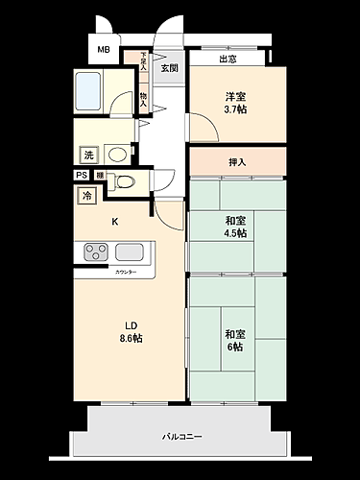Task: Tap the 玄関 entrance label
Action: (169, 68)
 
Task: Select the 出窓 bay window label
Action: (227, 59)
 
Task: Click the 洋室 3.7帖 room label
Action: (236, 104)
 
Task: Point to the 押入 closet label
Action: (236, 161)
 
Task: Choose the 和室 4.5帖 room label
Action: (235, 227)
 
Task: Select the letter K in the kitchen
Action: (115, 222)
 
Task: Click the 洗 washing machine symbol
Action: (88, 155)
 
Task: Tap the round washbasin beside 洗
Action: (118, 154)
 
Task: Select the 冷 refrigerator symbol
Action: (87, 196)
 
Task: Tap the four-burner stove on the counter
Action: (96, 252)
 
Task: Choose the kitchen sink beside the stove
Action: (130, 252)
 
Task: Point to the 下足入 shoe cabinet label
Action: (143, 61)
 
